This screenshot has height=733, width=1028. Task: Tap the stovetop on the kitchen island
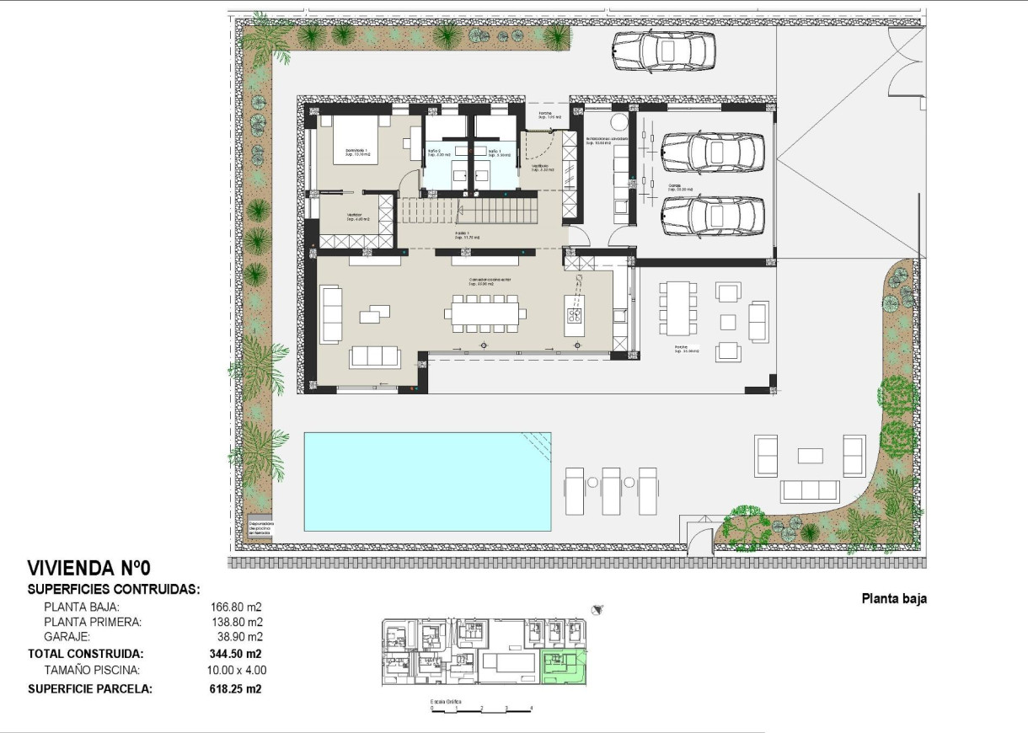(576, 316)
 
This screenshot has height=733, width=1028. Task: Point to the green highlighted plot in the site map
(563, 666)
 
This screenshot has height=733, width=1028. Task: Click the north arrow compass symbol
(598, 608)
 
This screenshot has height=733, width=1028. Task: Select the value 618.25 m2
(235, 688)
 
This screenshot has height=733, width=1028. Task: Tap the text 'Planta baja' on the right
(893, 600)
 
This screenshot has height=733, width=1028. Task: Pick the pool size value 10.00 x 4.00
(238, 671)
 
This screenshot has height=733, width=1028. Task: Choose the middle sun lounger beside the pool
(612, 490)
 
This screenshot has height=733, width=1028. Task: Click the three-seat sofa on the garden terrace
(810, 491)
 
